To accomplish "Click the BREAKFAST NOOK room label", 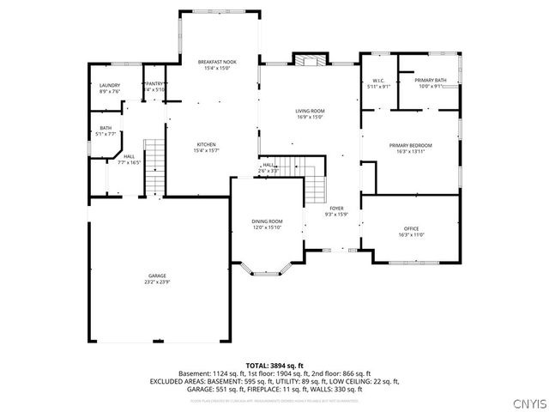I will click(217, 63).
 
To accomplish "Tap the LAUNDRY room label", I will click(109, 85).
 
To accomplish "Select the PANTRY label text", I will click(155, 84).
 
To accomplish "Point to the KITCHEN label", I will click(206, 144).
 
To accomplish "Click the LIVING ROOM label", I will click(310, 111).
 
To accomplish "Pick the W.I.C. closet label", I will click(377, 81).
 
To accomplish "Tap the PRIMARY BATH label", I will click(431, 80).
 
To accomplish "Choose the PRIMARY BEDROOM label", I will click(410, 146).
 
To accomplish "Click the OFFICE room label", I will click(412, 228).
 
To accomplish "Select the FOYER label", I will click(336, 209).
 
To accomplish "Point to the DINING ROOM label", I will click(267, 221).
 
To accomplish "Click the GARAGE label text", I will click(157, 276).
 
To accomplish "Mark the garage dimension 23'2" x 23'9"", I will click(157, 282).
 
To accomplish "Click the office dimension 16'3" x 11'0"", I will click(412, 234).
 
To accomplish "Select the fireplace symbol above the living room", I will click(310, 60).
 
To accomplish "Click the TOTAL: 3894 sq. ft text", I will click(274, 365).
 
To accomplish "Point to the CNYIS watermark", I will click(526, 400).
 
